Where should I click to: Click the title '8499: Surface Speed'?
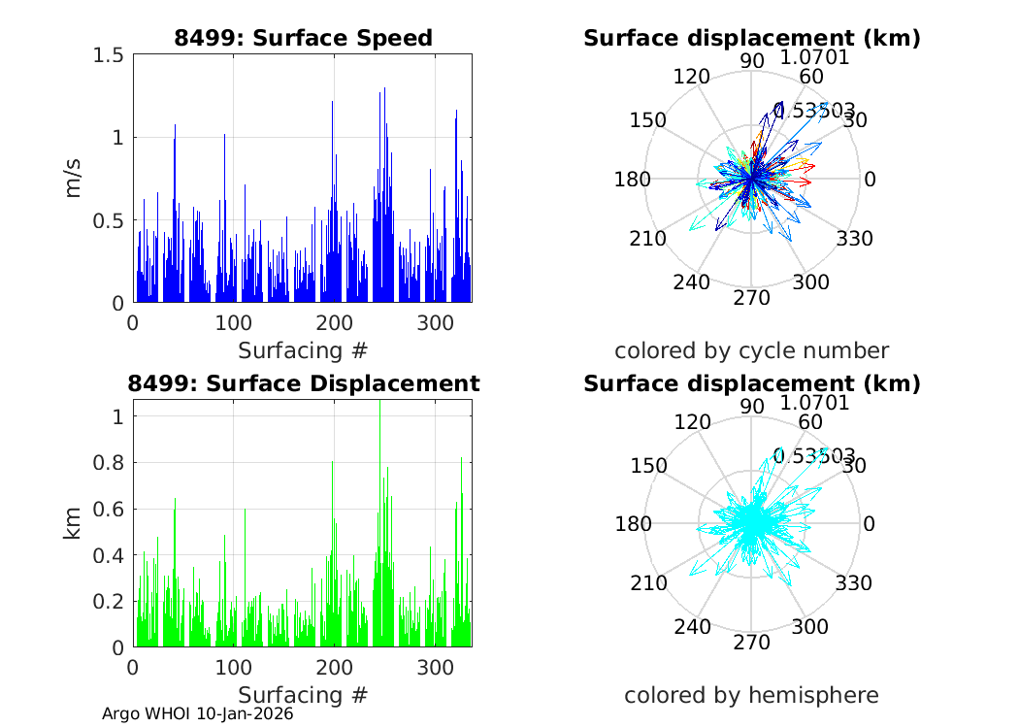click(303, 38)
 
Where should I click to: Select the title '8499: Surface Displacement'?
click(303, 383)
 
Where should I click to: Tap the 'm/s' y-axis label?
click(75, 179)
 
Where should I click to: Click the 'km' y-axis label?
click(75, 524)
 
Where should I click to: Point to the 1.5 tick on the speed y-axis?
click(108, 54)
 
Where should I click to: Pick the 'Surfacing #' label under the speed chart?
click(303, 349)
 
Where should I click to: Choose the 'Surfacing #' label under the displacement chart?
click(303, 695)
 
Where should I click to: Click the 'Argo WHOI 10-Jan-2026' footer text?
click(198, 713)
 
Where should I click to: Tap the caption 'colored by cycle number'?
click(751, 350)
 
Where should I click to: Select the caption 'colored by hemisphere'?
click(751, 695)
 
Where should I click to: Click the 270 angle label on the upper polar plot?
click(751, 297)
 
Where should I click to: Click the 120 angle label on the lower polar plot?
click(691, 422)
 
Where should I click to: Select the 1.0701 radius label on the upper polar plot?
click(814, 57)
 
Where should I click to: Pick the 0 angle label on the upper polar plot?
click(870, 180)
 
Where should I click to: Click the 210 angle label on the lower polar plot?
click(648, 583)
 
